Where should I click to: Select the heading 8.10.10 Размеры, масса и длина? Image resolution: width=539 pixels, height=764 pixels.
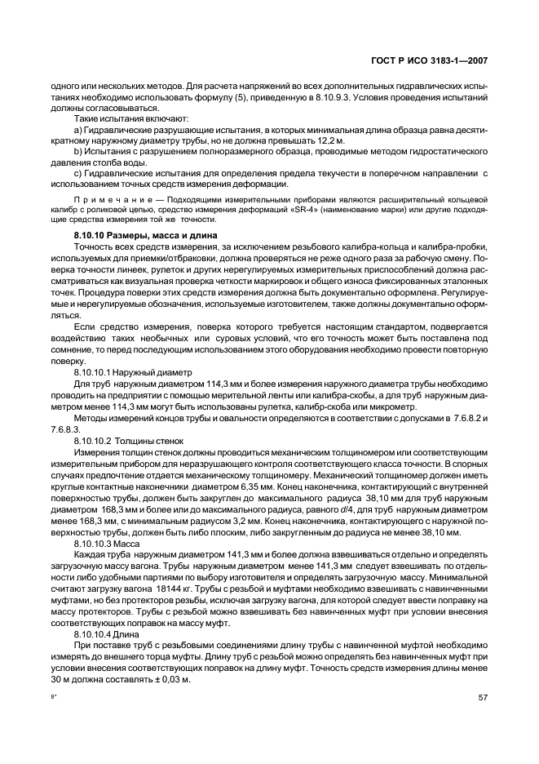pos(144,235)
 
